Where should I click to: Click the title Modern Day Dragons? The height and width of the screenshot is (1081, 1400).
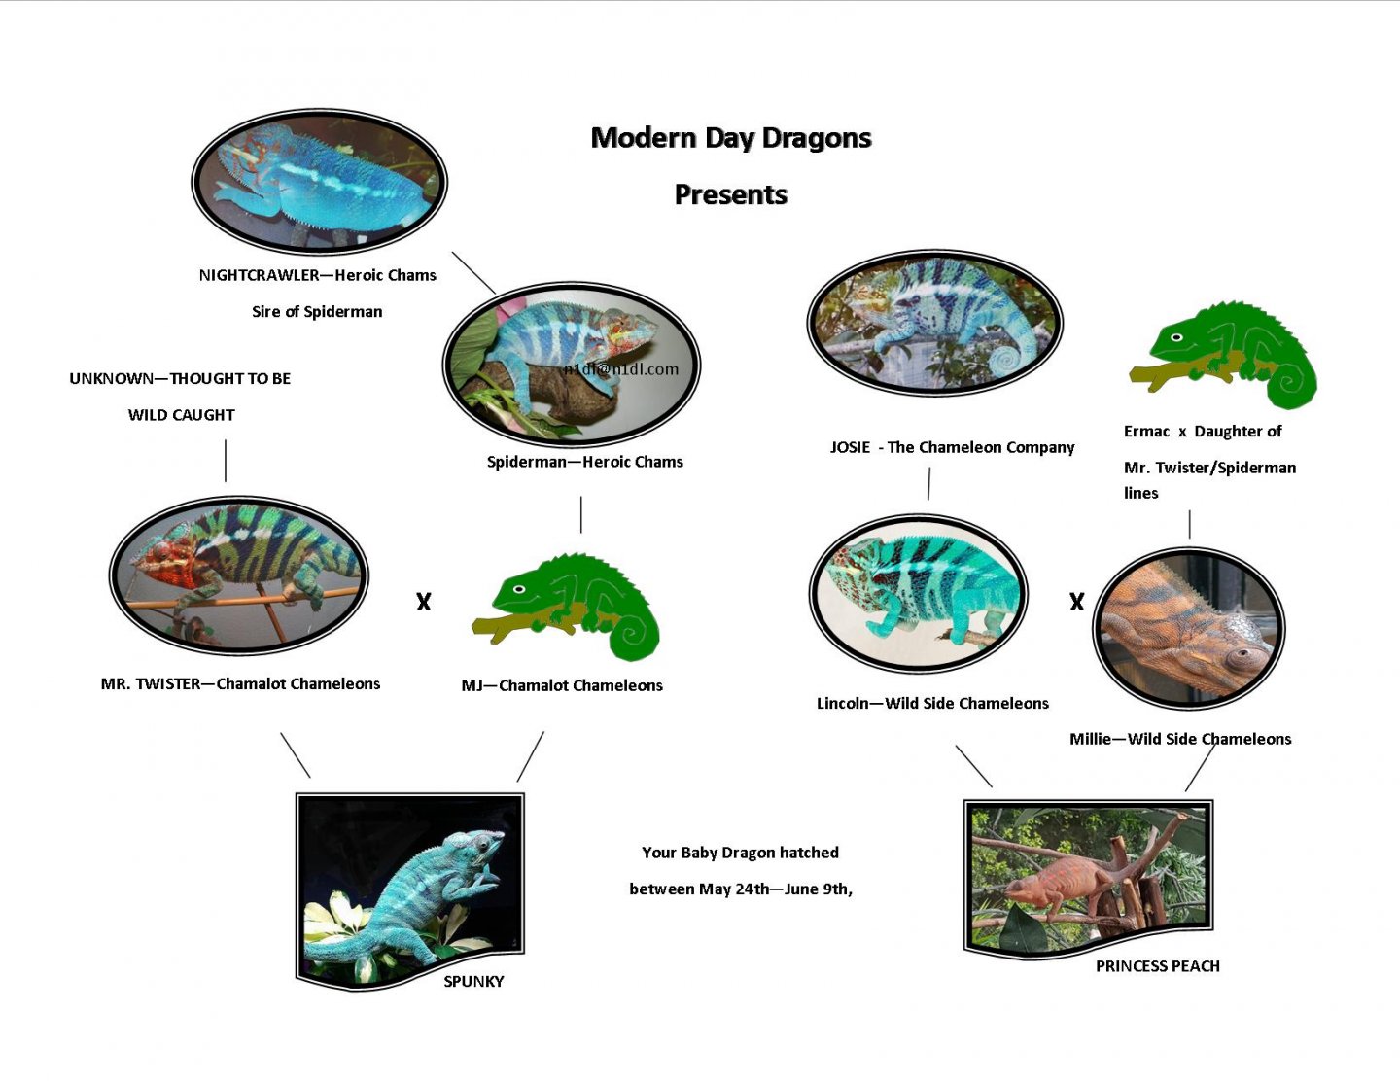click(x=730, y=138)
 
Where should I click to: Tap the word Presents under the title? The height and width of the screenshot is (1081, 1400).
click(x=730, y=194)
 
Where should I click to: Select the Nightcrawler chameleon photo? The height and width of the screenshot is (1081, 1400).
click(x=319, y=181)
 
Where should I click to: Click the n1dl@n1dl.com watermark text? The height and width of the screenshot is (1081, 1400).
click(x=621, y=369)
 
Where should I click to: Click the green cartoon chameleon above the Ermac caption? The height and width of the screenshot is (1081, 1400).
click(x=1223, y=355)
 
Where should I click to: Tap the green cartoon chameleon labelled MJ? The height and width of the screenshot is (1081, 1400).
click(x=566, y=607)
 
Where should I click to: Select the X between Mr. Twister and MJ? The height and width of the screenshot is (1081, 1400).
click(x=423, y=602)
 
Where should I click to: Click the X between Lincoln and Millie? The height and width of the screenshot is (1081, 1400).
click(x=1076, y=602)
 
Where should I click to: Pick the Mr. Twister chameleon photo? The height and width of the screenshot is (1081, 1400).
click(x=238, y=575)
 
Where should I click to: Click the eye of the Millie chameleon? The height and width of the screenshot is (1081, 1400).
click(x=1242, y=654)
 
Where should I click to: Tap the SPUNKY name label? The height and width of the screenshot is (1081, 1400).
click(x=473, y=981)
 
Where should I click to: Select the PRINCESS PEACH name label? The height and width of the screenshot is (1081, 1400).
click(x=1158, y=966)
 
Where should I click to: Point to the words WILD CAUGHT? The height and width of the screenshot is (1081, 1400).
click(x=181, y=415)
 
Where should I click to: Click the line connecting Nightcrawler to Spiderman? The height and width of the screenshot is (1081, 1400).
click(x=473, y=272)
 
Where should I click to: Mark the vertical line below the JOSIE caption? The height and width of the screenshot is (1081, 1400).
click(x=928, y=484)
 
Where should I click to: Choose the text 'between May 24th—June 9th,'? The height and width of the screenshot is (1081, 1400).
click(x=741, y=889)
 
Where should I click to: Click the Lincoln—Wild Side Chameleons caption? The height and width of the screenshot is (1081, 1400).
click(x=932, y=703)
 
